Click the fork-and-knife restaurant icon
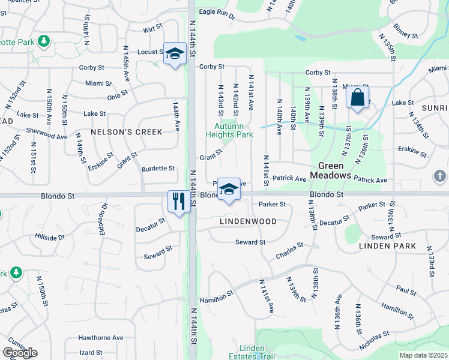coord(178,200)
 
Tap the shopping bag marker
coord(357,98)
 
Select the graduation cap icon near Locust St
coord(174,54)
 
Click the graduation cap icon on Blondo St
coord(228,190)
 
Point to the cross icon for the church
coord(440,176)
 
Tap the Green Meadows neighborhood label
coord(330,170)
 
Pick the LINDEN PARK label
coord(387,246)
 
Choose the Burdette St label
coord(158,169)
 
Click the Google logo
coord(20,353)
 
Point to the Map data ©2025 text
coord(424,355)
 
